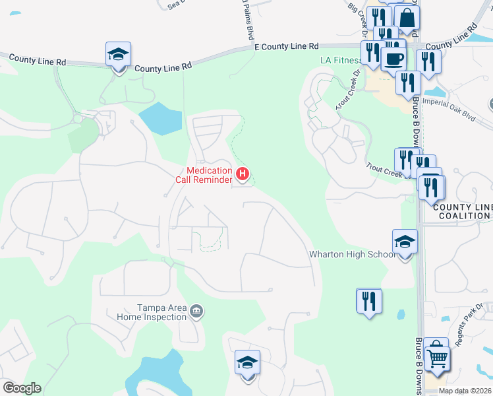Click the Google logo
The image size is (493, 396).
[22, 388]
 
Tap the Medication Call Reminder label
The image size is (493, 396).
[204, 175]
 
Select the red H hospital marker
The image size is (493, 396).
[243, 175]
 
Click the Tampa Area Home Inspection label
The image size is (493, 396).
[161, 312]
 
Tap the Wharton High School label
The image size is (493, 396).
[353, 254]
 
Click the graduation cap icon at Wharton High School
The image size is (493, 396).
[404, 243]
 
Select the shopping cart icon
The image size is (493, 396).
[436, 358]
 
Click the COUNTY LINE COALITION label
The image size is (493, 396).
[463, 211]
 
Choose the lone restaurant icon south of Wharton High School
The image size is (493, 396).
[368, 301]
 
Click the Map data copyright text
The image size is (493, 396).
[465, 391]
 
